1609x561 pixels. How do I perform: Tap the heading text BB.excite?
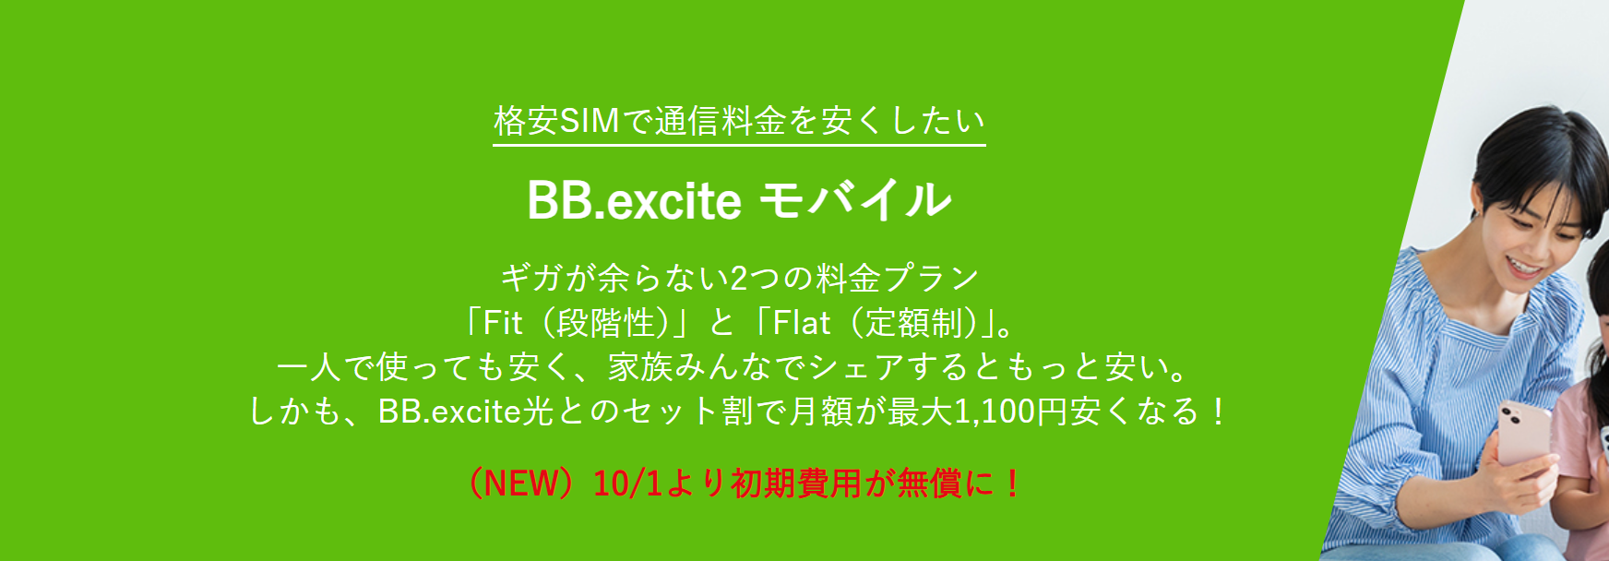tap(634, 199)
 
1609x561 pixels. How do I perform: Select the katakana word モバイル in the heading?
tap(855, 199)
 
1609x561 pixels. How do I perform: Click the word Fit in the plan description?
tap(503, 323)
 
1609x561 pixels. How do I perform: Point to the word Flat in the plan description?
tap(801, 323)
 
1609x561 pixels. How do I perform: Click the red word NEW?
tap(521, 483)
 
